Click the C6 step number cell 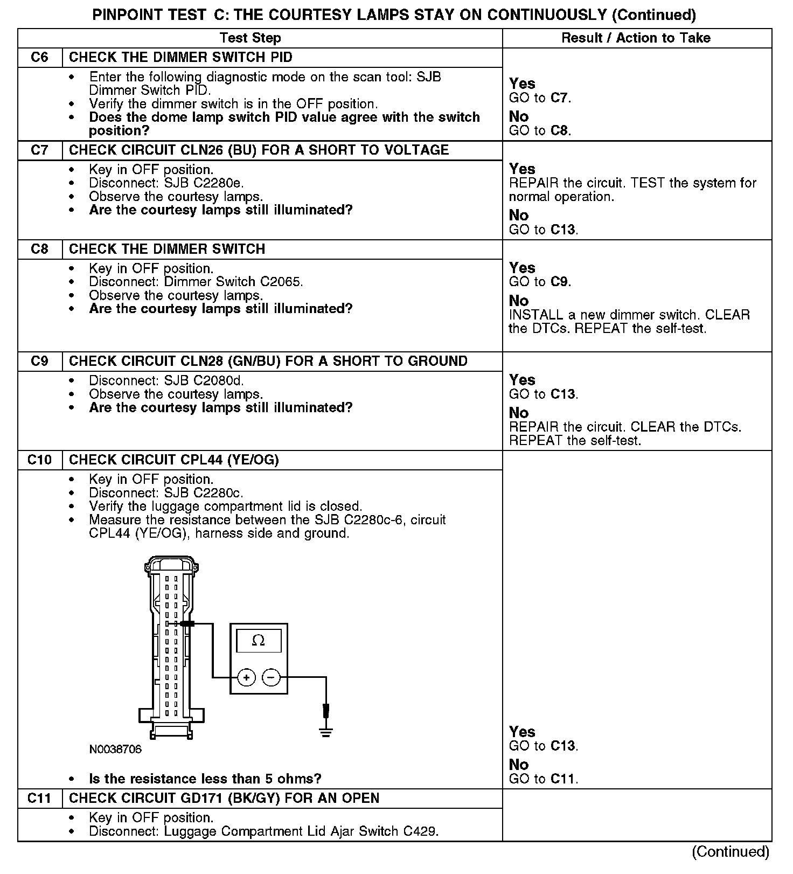(x=40, y=58)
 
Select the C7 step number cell (x=40, y=150)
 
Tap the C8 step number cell (x=40, y=249)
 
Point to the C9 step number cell (x=40, y=362)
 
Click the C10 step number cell (x=40, y=460)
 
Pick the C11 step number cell (x=40, y=799)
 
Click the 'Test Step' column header (x=250, y=38)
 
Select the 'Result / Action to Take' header (x=636, y=38)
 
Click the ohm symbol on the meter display (x=259, y=641)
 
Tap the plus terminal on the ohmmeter (x=246, y=677)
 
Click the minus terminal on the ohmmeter (x=272, y=677)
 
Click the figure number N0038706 (x=115, y=750)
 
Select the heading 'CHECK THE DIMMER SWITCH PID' (x=180, y=58)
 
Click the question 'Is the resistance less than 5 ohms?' (x=205, y=779)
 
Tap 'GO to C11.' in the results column (x=543, y=779)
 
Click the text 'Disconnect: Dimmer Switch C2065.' (x=196, y=282)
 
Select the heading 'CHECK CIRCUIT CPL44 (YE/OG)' (x=173, y=460)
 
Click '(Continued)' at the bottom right (x=731, y=851)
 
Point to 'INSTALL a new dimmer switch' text (x=629, y=315)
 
